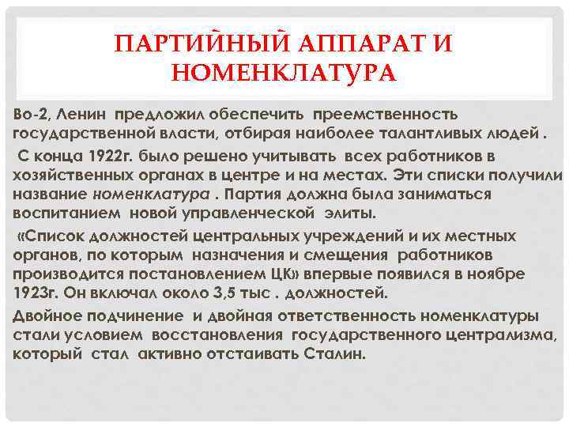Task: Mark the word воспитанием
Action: click(x=64, y=213)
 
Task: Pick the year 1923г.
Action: click(x=33, y=293)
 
